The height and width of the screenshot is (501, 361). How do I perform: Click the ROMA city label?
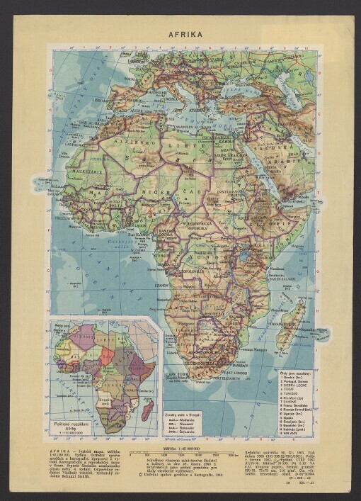(174, 99)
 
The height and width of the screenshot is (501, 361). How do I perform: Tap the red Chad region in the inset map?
(105, 356)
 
